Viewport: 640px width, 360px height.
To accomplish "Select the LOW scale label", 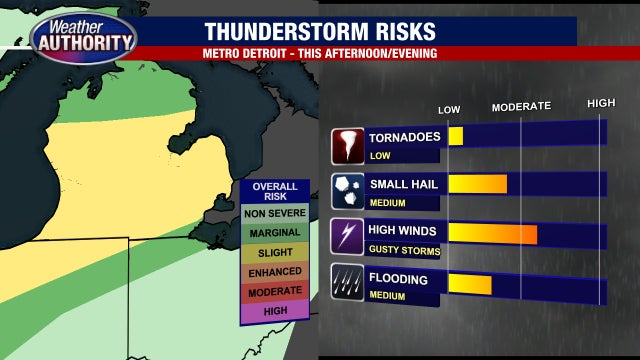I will (449, 108).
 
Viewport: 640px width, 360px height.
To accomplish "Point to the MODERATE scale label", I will (521, 106).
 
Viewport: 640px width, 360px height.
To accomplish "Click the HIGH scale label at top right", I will (601, 104).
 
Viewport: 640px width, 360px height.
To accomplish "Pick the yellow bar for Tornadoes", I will (456, 136).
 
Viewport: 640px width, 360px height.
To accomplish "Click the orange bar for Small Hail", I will (478, 183).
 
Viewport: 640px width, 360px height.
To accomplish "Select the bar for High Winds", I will (493, 234).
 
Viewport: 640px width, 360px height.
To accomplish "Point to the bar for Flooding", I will (470, 283).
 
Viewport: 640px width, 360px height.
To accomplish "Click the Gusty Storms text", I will (396, 249).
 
